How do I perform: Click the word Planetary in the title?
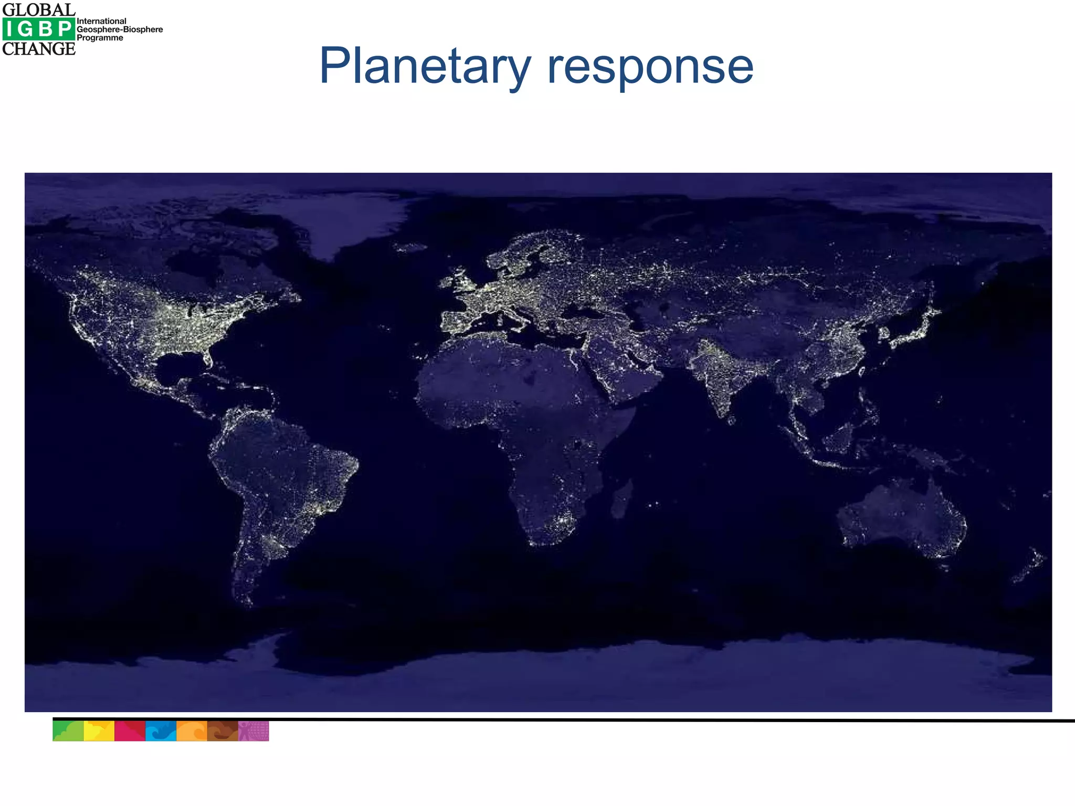coord(425,67)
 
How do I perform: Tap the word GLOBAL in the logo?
coord(39,9)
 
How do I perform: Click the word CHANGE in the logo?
coord(39,49)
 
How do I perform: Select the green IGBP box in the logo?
coord(38,29)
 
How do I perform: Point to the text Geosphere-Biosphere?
coord(120,29)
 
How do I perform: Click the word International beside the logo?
coord(101,21)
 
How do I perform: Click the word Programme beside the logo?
coord(100,38)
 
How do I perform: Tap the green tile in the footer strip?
coord(68,731)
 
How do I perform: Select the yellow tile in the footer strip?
coord(99,731)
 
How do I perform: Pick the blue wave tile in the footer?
coord(161,731)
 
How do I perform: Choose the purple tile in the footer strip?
coord(254,731)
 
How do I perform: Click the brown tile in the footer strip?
coord(223,731)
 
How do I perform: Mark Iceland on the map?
coord(410,247)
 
